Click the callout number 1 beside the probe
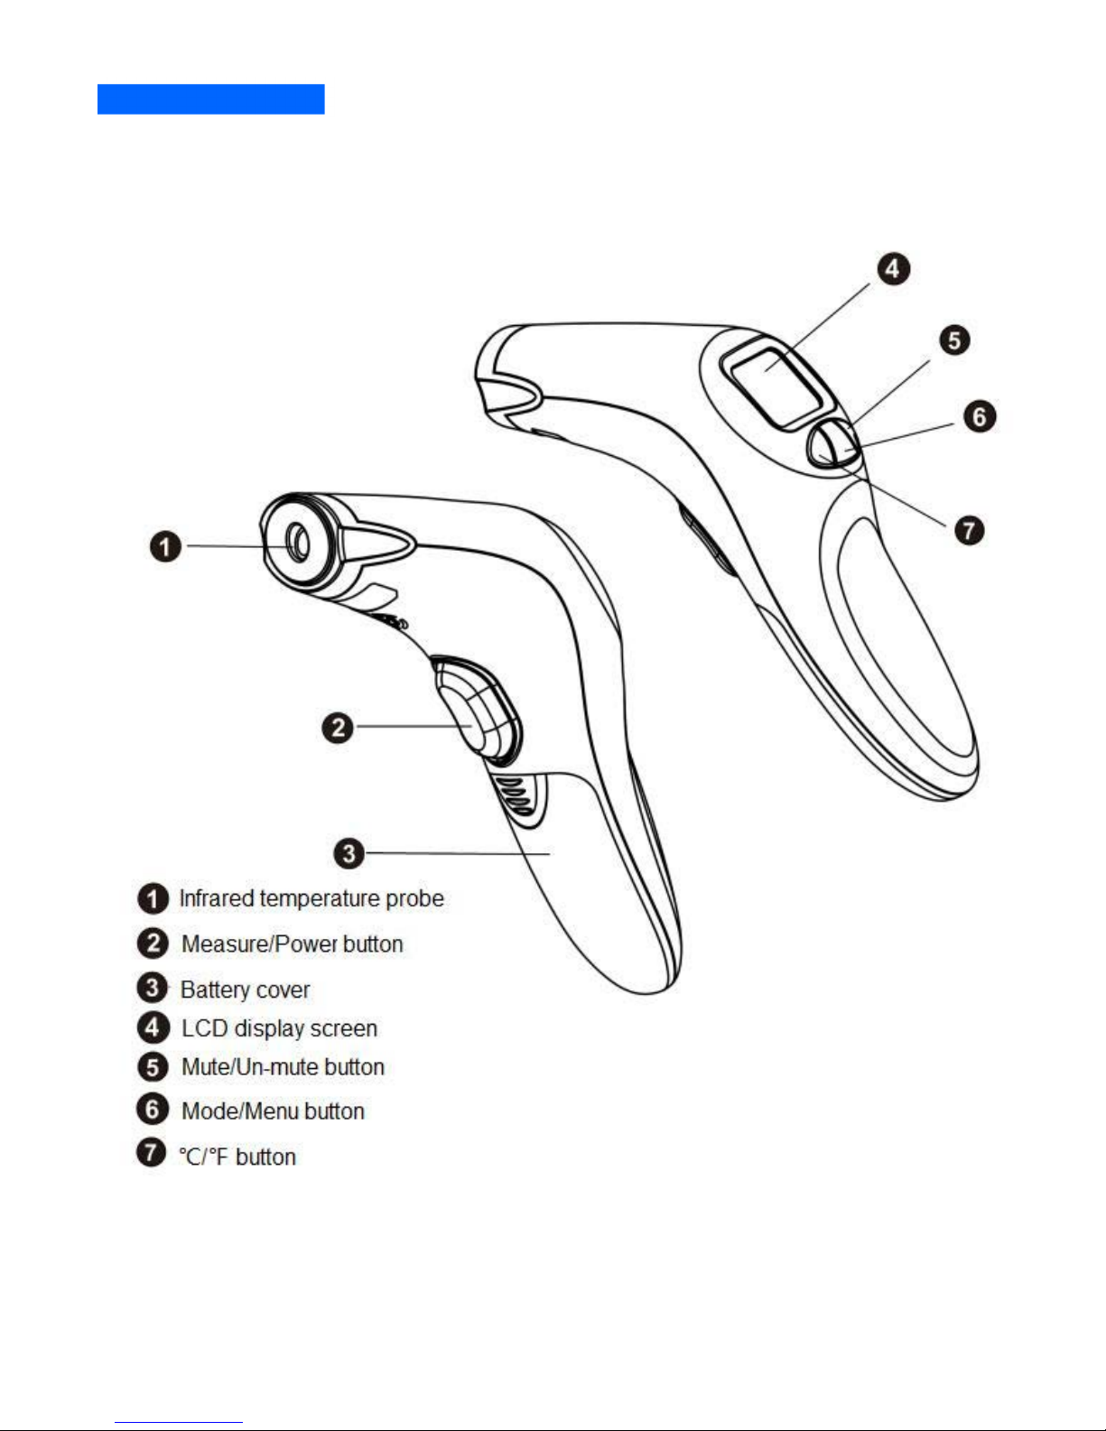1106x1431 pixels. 165,546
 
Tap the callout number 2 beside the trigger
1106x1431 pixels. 338,727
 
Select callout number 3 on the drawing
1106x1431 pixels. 349,853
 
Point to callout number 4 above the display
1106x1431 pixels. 893,268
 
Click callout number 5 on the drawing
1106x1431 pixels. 954,340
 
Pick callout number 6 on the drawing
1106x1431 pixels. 980,416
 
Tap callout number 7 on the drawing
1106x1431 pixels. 969,530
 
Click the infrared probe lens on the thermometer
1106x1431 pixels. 297,544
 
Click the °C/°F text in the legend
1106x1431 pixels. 204,1157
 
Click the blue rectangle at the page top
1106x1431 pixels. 210,99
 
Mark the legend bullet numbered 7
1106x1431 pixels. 152,1153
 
